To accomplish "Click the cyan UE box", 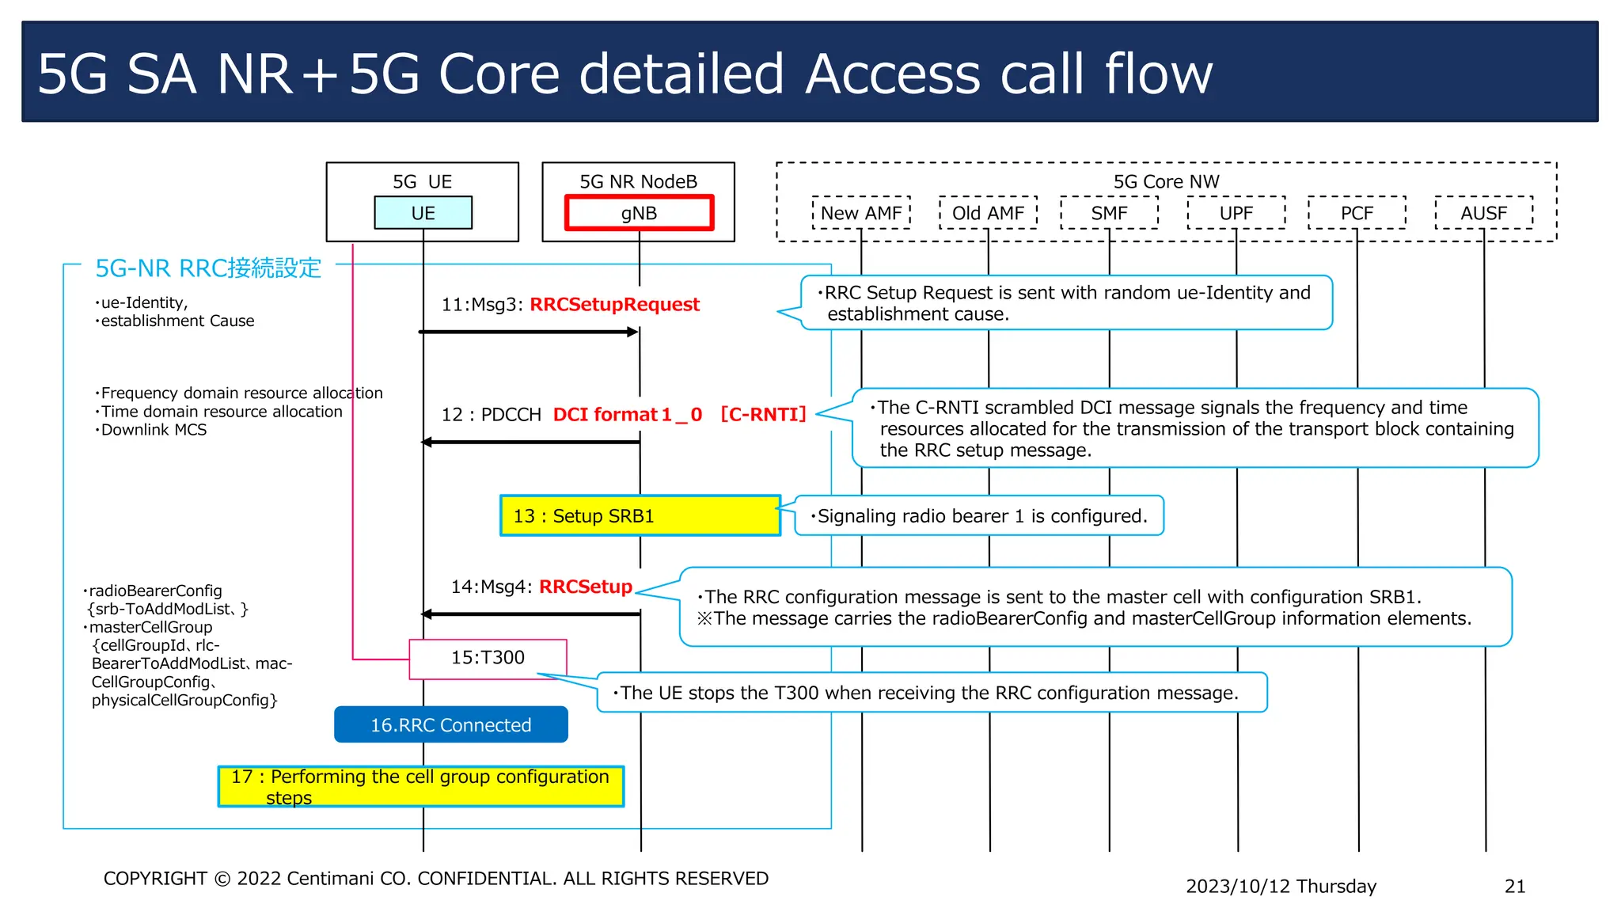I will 423,213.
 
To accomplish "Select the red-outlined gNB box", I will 639,213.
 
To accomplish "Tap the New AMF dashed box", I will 861,213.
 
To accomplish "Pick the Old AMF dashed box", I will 988,213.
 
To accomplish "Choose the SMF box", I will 1109,213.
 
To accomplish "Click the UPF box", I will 1236,213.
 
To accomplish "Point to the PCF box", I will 1357,213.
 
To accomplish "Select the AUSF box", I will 1483,213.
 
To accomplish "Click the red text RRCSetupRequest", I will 614,305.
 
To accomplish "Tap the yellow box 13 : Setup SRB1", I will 640,516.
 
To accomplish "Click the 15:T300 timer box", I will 488,658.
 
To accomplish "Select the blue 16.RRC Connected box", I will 451,725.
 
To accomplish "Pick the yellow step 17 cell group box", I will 420,786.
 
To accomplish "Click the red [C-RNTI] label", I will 763,414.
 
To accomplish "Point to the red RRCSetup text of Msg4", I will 586,587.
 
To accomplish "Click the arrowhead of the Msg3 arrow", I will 632,332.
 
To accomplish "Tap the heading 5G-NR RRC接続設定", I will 208,268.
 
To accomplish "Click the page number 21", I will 1514,886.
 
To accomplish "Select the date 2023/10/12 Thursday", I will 1281,886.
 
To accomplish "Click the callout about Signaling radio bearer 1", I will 979,516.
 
